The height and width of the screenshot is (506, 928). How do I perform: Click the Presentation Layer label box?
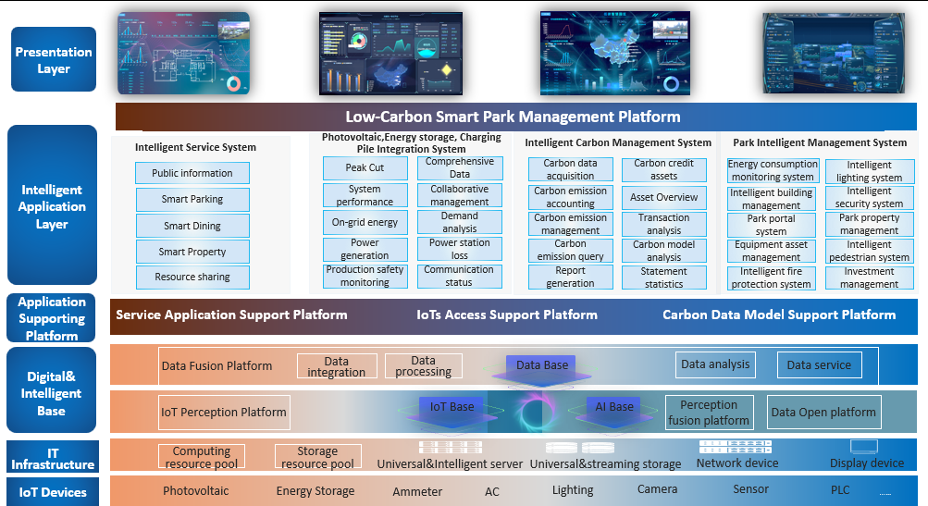tap(54, 60)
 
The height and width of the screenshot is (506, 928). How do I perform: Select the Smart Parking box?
tap(192, 199)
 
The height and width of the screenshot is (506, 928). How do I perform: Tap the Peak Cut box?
tap(365, 168)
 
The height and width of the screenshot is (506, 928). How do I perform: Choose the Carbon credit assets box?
tap(663, 169)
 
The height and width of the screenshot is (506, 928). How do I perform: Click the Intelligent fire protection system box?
tap(772, 278)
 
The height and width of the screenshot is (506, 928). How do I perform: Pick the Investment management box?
tap(869, 278)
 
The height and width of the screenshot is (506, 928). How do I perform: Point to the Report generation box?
tap(570, 278)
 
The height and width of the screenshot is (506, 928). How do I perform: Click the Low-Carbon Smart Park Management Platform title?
tap(513, 117)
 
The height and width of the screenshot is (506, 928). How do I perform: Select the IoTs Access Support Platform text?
tap(506, 315)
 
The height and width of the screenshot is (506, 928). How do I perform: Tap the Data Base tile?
tap(542, 365)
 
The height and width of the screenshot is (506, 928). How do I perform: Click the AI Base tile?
tap(614, 407)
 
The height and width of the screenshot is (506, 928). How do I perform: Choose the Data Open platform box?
tap(823, 413)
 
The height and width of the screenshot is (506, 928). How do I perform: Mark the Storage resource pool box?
tap(316, 458)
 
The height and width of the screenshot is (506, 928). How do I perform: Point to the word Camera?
tap(657, 489)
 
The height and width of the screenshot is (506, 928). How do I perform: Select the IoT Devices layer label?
tap(53, 492)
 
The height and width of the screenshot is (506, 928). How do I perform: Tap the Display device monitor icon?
tap(866, 447)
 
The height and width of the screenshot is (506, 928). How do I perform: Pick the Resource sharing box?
tap(192, 277)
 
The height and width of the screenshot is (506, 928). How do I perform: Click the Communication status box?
tap(459, 277)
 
